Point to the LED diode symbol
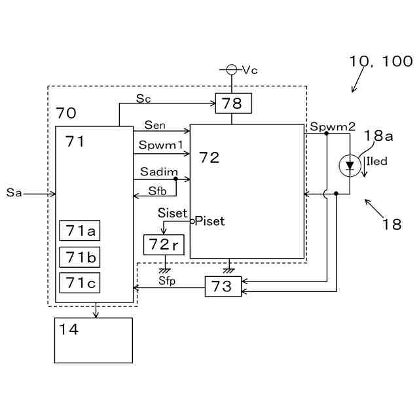pos(350,166)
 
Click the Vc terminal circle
pos(231,70)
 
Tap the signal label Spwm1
pos(161,145)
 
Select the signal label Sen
pos(155,125)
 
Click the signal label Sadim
pos(159,172)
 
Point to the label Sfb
pos(157,191)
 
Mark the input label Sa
pos(14,192)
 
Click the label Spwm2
pos(333,126)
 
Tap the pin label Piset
pos(209,221)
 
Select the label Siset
pos(172,213)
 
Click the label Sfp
pos(167,281)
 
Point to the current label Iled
pos(377,161)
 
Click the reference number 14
pos(69,329)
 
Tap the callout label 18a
pos(378,136)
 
